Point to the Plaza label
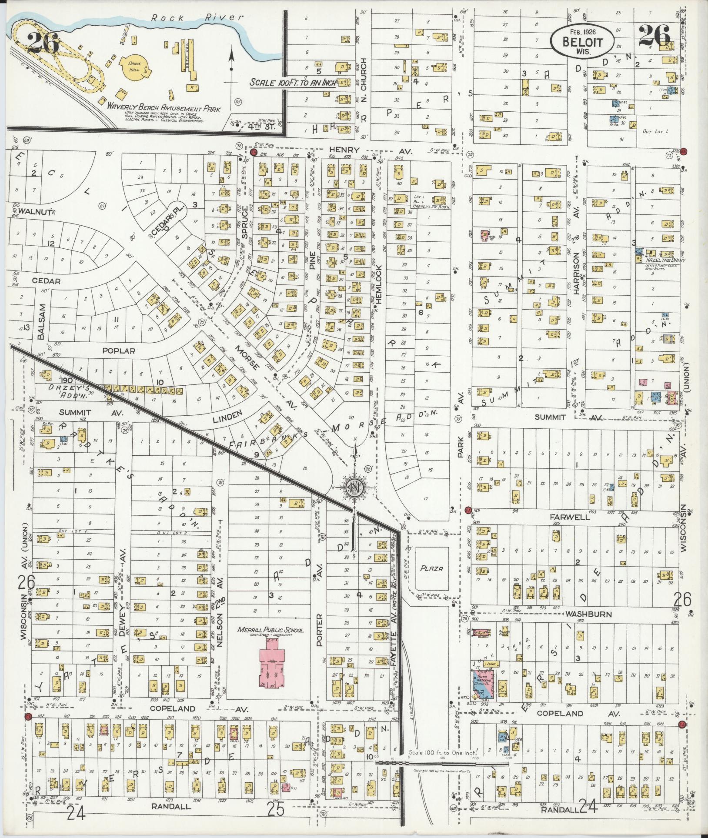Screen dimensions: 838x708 [x=431, y=568]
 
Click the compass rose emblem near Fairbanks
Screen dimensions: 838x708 [x=355, y=486]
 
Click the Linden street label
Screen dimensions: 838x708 [x=227, y=417]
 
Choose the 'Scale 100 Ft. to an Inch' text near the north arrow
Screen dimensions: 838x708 [x=293, y=83]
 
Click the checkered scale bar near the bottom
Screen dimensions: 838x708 [x=444, y=763]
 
